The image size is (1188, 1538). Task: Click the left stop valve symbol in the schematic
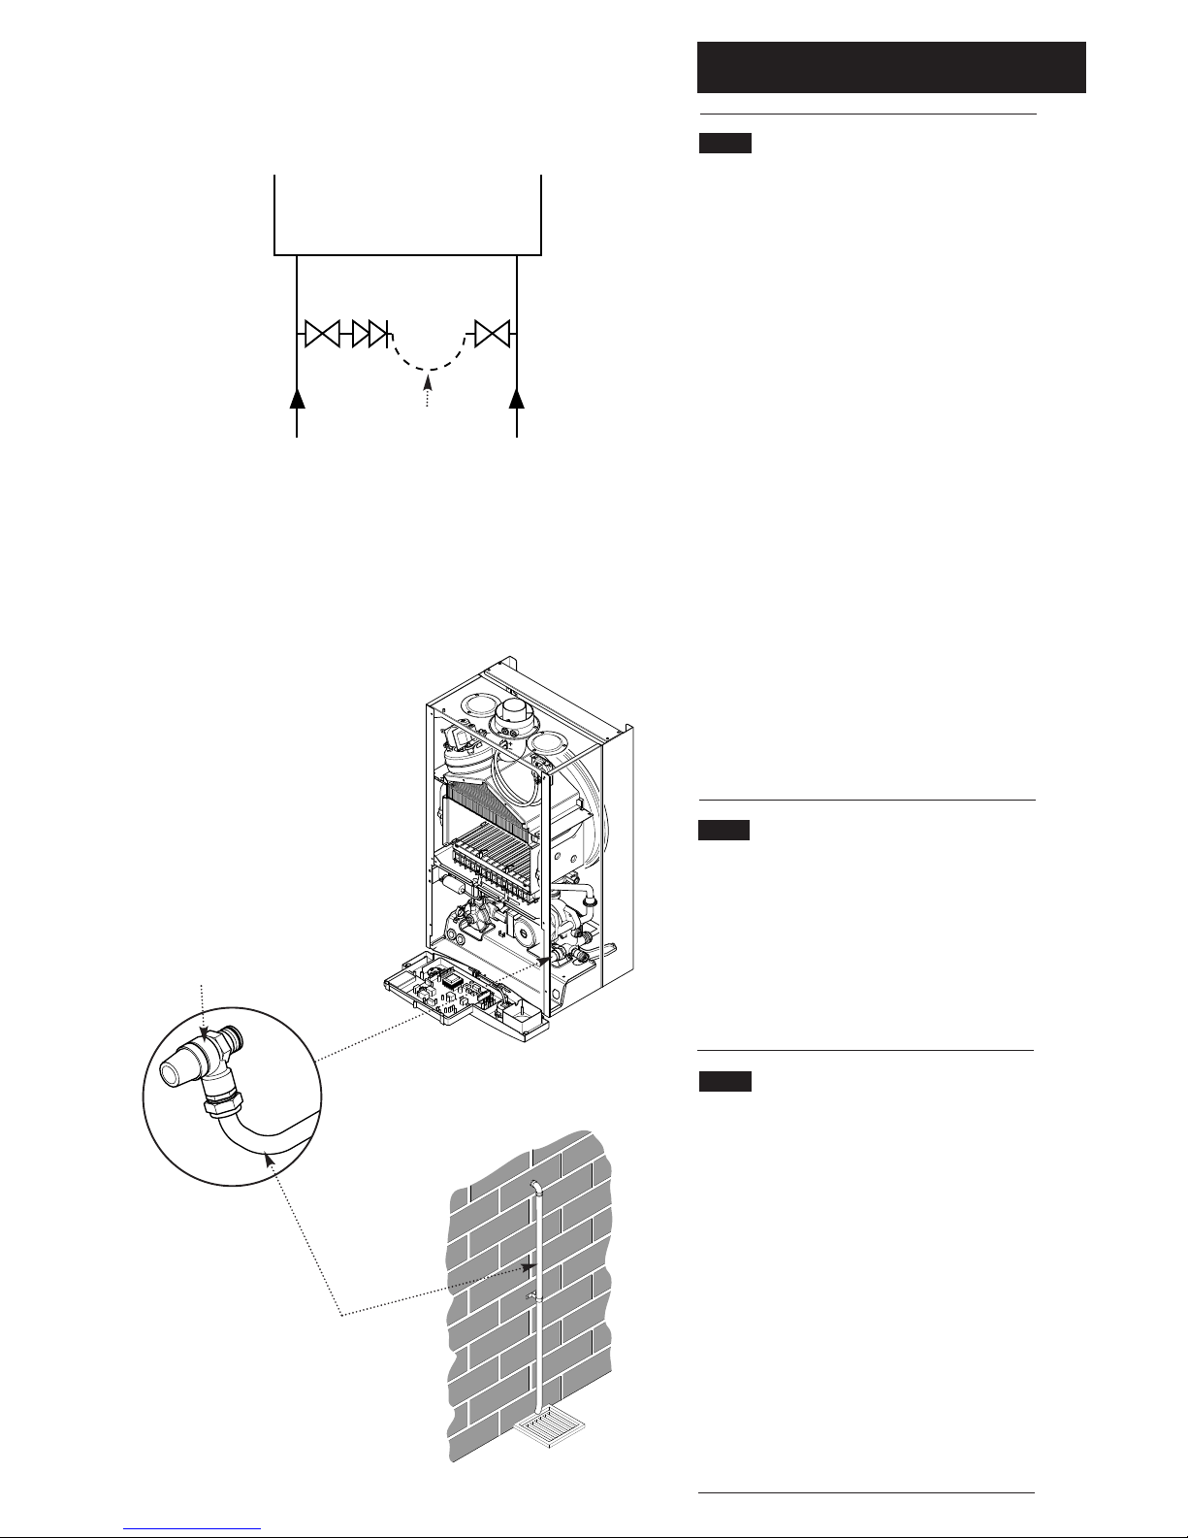pyautogui.click(x=320, y=335)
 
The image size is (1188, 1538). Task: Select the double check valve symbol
pyautogui.click(x=369, y=335)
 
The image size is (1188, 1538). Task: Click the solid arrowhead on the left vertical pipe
pyautogui.click(x=297, y=398)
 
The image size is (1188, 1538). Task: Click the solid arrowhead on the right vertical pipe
pyautogui.click(x=517, y=398)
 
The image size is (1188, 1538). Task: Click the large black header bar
pyautogui.click(x=890, y=67)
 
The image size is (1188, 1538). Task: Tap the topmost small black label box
pyautogui.click(x=724, y=145)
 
